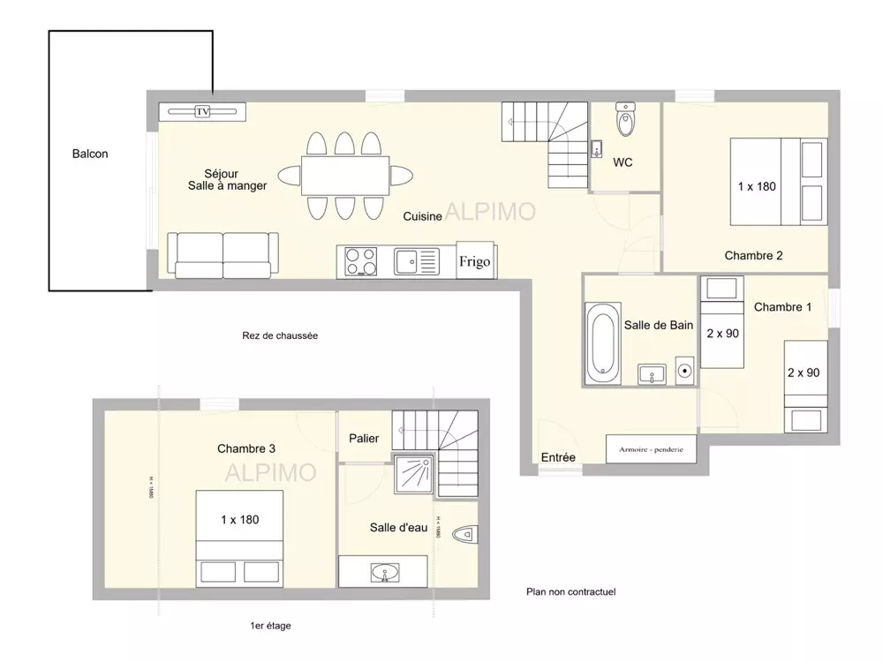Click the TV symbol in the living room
pos(202,111)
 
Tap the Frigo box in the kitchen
pos(474,261)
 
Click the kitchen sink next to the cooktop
pos(416,262)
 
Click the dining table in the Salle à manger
pos(344,176)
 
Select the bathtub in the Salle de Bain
pos(604,342)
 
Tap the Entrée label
pos(558,457)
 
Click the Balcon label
pos(90,154)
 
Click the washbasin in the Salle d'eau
pos(383,572)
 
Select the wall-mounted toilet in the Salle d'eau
pos(464,534)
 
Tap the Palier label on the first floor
pos(364,438)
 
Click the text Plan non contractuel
pos(570,592)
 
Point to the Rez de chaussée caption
pos(279,335)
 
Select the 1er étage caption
pos(270,626)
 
